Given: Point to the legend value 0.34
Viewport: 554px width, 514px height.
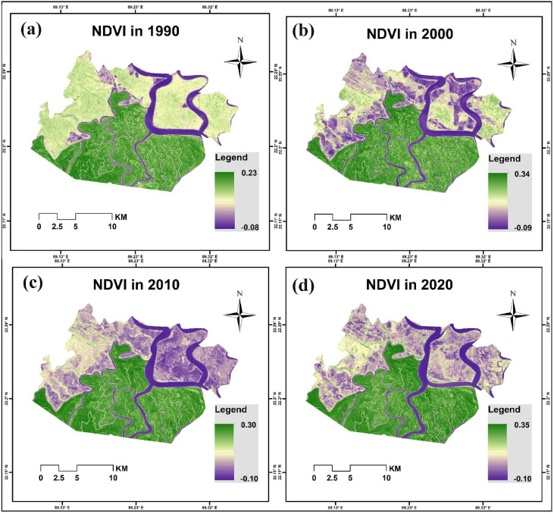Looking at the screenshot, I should [x=522, y=177].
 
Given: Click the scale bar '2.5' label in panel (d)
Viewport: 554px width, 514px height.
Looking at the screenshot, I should [x=332, y=478].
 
